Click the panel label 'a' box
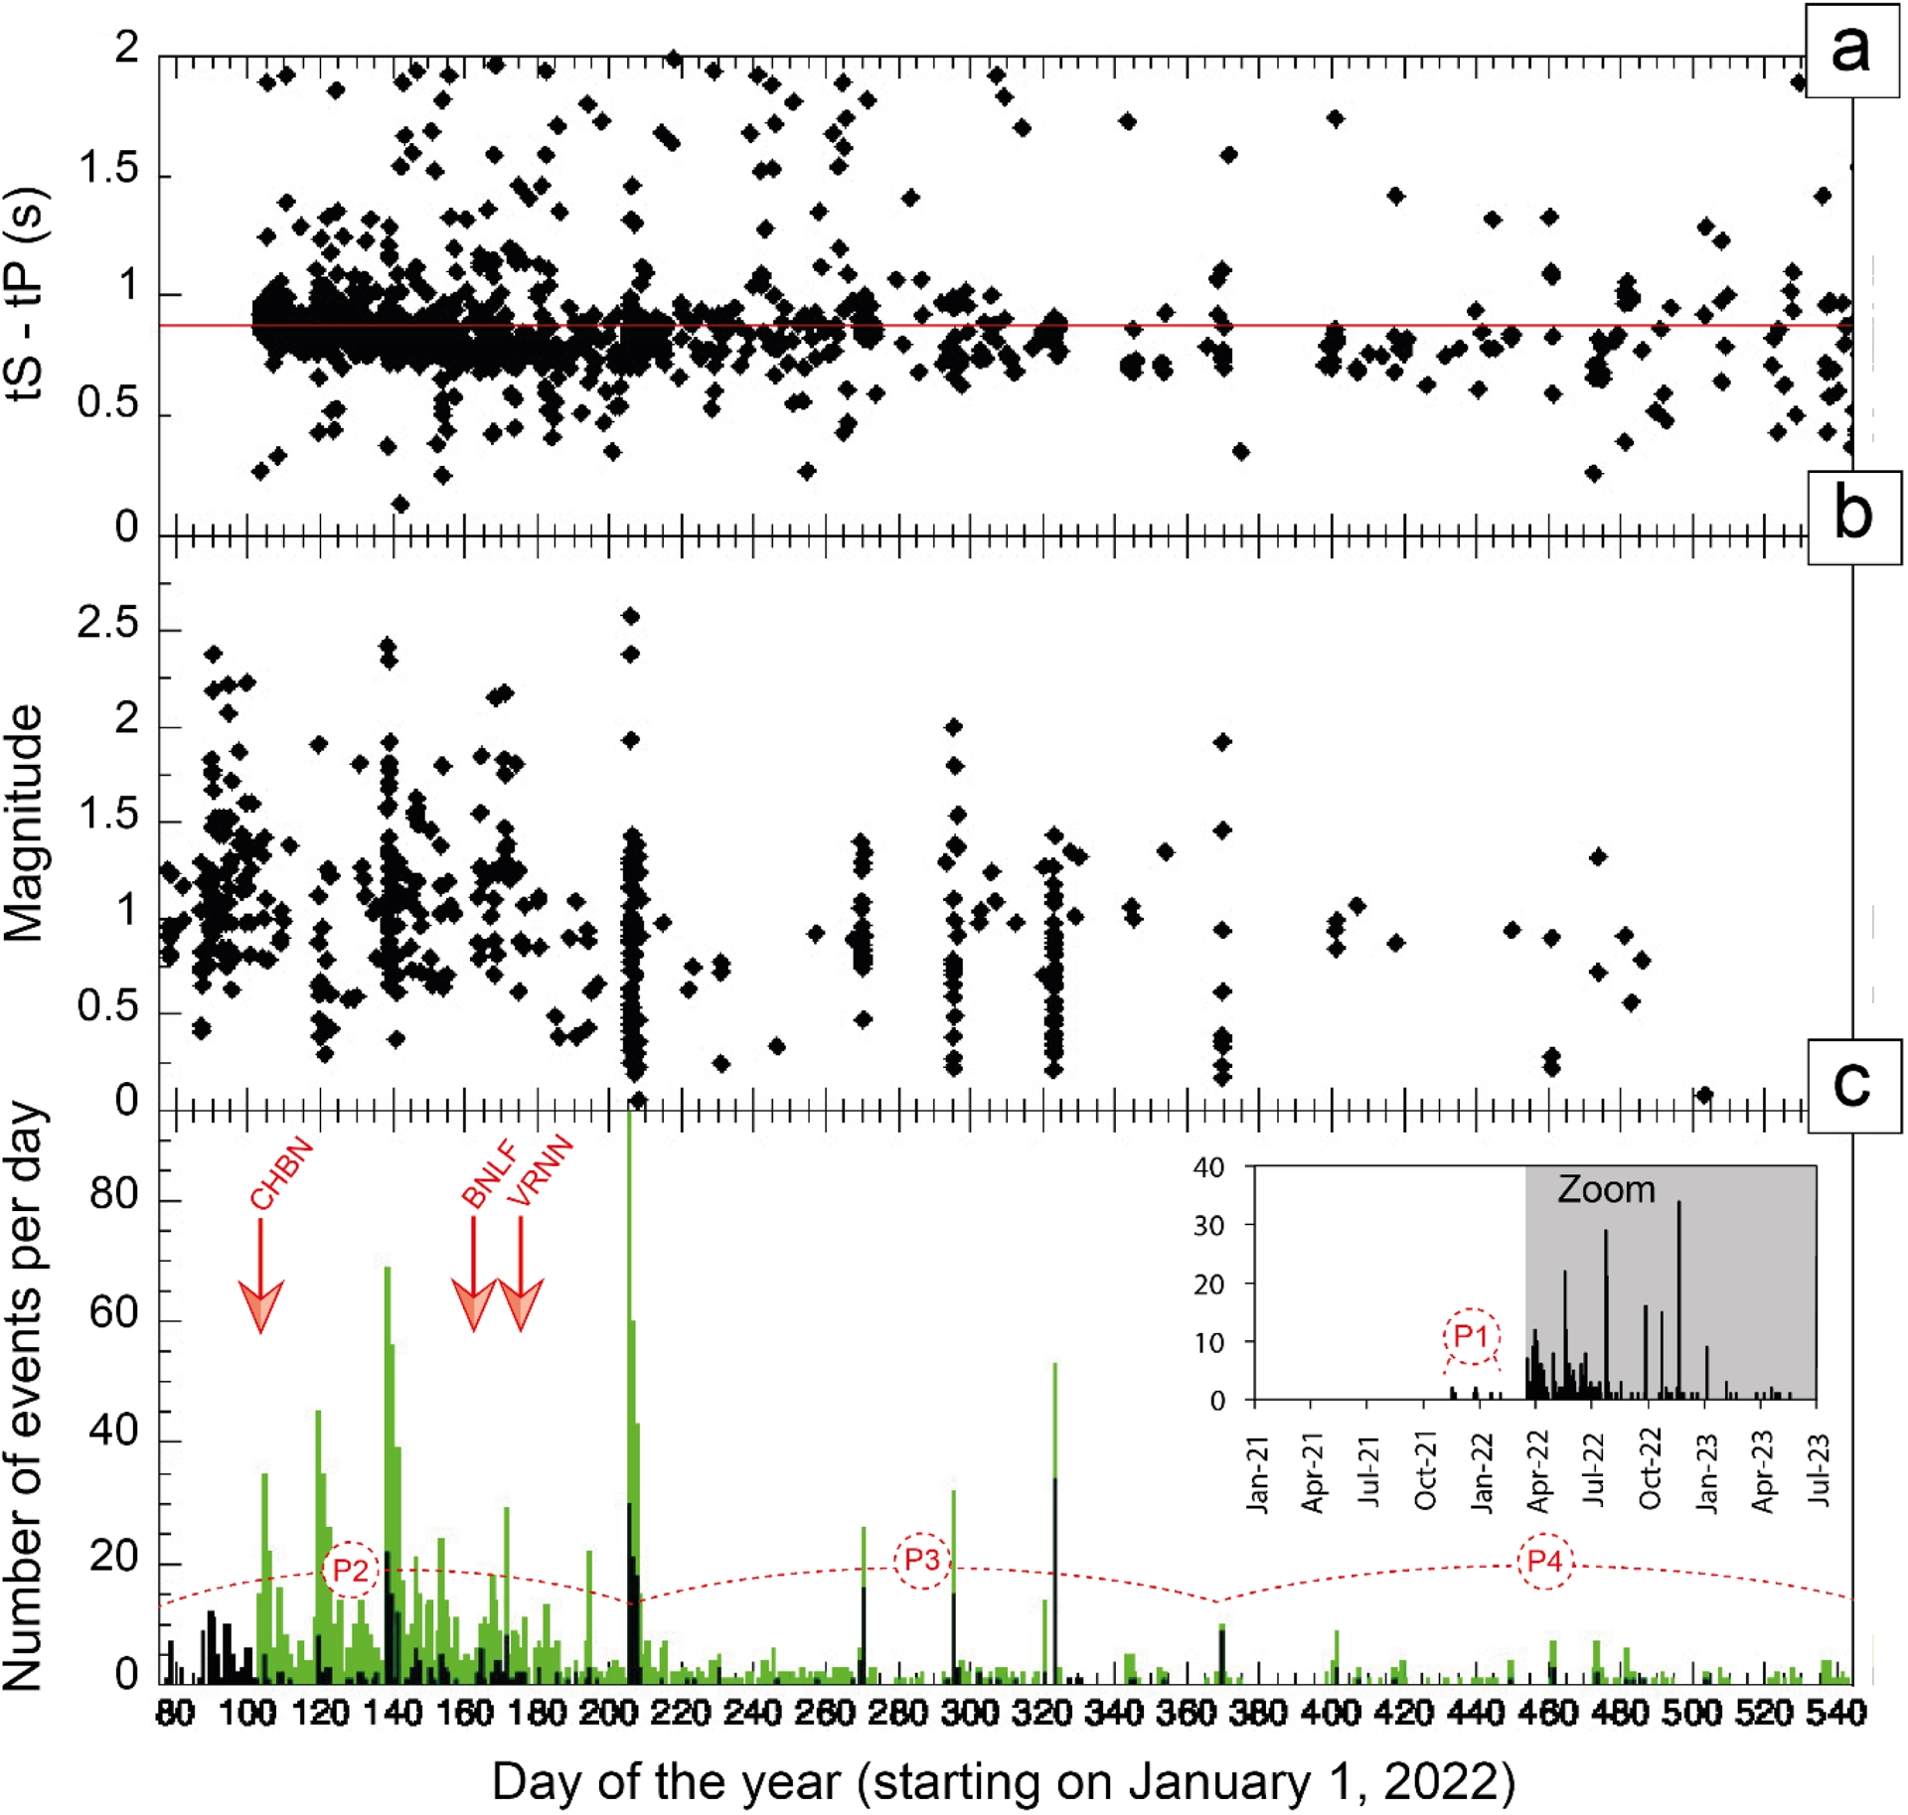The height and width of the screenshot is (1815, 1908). (1850, 50)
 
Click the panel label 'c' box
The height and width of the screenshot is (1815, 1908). (1853, 1086)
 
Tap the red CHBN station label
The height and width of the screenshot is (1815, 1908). (281, 1173)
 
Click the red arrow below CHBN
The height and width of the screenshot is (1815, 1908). (261, 1282)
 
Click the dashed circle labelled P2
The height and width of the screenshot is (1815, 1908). (351, 1571)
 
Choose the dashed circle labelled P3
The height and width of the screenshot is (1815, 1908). (922, 1561)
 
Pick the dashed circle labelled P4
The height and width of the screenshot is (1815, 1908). (1544, 1562)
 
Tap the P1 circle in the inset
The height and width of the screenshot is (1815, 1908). (1471, 1336)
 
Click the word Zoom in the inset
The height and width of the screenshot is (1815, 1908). (1606, 1190)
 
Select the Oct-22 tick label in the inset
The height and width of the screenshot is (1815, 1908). (1651, 1469)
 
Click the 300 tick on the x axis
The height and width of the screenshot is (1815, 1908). (970, 1714)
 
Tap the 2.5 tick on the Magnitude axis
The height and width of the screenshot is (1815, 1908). (108, 625)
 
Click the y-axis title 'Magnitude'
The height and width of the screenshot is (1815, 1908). (25, 823)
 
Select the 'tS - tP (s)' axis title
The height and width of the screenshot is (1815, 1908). (27, 293)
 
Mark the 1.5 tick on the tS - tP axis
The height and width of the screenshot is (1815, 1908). (108, 171)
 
